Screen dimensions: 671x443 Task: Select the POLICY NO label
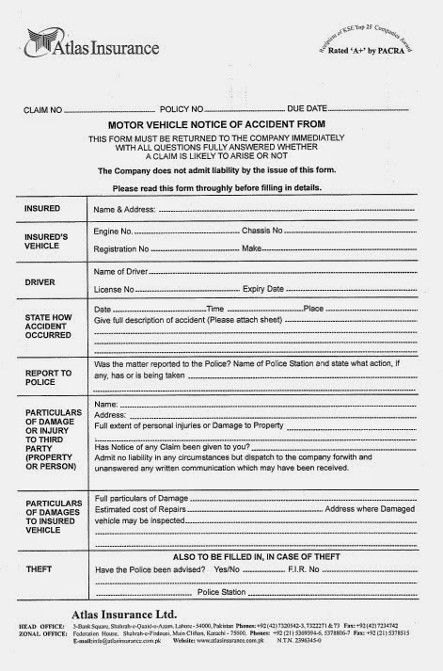182,111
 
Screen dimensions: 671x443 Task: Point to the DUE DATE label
308,111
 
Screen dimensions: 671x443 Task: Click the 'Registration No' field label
122,248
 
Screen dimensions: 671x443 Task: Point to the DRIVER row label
40,280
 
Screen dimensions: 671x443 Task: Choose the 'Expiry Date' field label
266,289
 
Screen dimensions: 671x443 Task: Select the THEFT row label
39,568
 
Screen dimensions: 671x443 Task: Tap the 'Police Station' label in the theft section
221,592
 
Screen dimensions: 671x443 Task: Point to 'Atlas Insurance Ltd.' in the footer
110,614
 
